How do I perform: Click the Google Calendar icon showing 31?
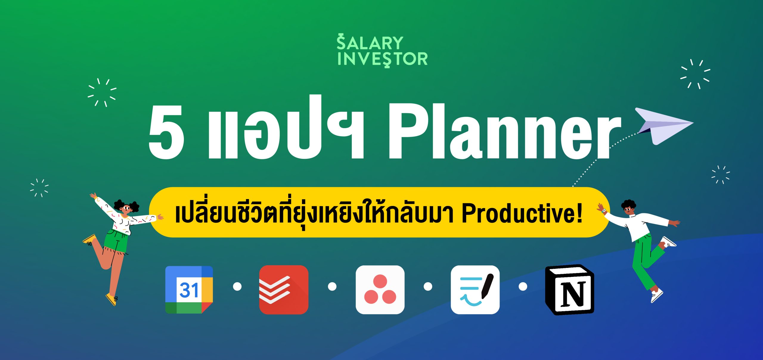[x=189, y=290]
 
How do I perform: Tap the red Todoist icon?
[x=284, y=290]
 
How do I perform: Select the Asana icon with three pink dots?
[x=380, y=290]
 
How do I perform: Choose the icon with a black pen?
[x=475, y=290]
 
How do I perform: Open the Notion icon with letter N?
[x=570, y=290]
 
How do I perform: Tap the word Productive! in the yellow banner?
[x=522, y=213]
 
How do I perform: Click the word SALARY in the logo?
[x=370, y=43]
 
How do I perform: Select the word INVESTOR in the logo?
[x=383, y=59]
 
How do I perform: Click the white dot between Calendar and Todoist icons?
[x=237, y=287]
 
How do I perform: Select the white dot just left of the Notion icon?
[x=523, y=287]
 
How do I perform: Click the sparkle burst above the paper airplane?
[x=695, y=74]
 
